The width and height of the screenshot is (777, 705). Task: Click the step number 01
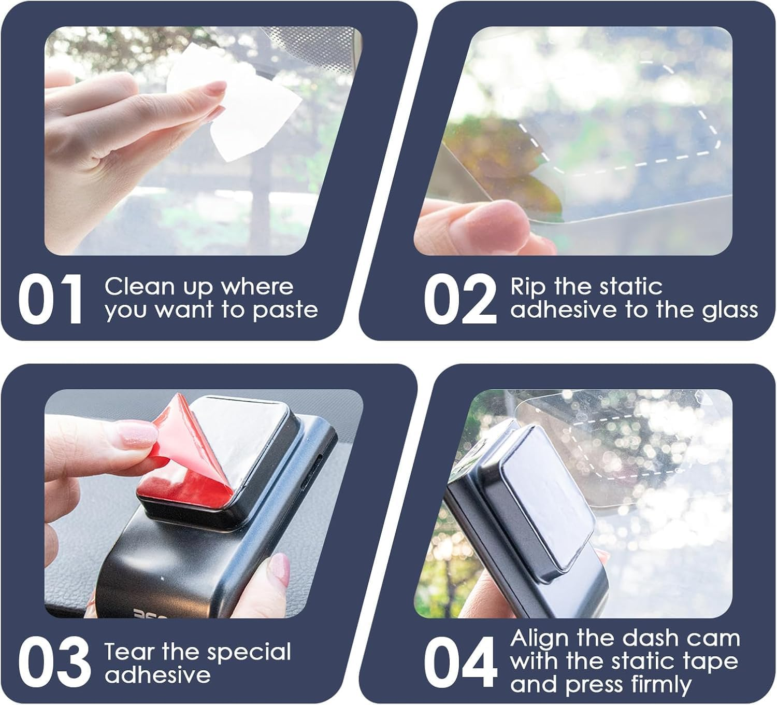pyautogui.click(x=50, y=300)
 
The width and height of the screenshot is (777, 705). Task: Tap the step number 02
pyautogui.click(x=459, y=300)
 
